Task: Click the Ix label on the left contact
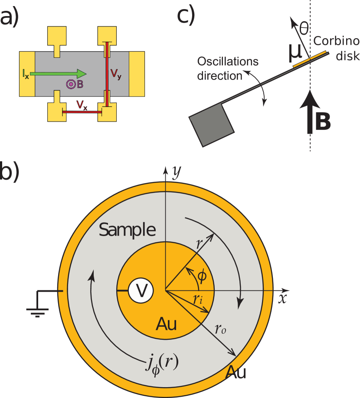pos(26,74)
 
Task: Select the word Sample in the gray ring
pos(127,230)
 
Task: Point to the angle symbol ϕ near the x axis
pos(203,276)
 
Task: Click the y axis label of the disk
pos(176,173)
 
